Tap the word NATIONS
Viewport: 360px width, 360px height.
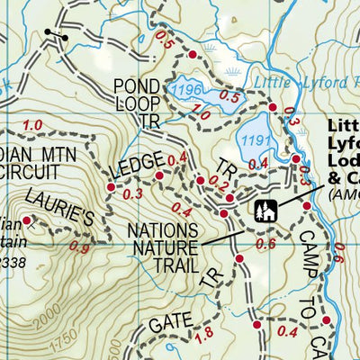(x=163, y=230)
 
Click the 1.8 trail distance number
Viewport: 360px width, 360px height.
(x=203, y=336)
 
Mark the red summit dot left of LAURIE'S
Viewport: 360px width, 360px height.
(x=27, y=220)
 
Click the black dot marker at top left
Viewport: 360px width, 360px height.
(x=49, y=31)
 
